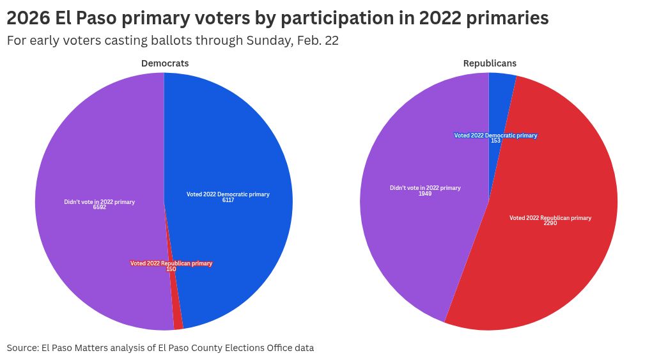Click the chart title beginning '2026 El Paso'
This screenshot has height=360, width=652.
(277, 18)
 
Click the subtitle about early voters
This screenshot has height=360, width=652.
(173, 40)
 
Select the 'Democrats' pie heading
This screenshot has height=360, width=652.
(165, 63)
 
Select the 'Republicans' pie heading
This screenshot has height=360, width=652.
(490, 63)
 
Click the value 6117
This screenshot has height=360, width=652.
(228, 200)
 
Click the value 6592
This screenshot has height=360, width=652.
(99, 207)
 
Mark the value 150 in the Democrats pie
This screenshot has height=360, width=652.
(171, 269)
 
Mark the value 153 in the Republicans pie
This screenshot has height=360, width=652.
(495, 141)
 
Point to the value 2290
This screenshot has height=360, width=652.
(550, 223)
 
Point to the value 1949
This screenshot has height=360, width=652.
(425, 194)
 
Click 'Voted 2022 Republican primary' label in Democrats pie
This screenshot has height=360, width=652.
(171, 263)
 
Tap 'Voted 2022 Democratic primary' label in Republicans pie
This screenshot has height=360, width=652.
(495, 136)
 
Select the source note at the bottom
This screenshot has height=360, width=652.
(160, 348)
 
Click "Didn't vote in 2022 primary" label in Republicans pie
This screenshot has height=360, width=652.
(425, 188)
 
